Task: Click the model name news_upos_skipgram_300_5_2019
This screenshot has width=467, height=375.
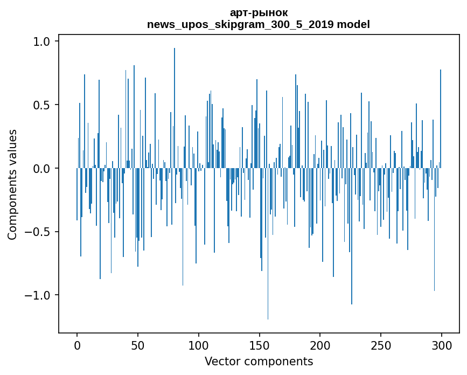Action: [245, 24]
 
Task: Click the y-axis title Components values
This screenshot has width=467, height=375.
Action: [12, 184]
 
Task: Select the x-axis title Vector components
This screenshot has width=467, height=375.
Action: [259, 361]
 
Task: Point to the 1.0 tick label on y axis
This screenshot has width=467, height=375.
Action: [42, 41]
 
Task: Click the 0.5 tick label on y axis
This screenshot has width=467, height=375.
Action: [42, 105]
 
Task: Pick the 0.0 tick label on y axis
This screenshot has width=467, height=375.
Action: [42, 168]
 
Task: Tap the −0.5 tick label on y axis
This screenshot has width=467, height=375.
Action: [38, 232]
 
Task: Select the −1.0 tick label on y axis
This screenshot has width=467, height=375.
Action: [38, 295]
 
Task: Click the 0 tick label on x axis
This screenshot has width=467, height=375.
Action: [77, 345]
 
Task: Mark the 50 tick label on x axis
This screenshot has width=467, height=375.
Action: [138, 345]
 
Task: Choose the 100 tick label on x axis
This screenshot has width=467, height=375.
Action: [199, 345]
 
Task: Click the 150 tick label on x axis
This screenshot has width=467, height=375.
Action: [260, 345]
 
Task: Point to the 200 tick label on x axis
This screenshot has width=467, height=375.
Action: [320, 345]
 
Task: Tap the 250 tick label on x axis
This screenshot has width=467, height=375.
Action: [381, 345]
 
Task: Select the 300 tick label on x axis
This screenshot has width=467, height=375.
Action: [442, 345]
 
